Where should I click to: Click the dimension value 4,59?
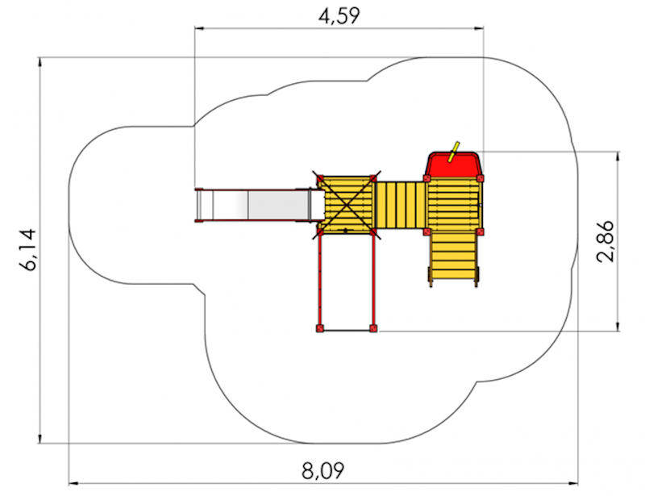click(x=339, y=16)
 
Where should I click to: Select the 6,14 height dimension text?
click(x=28, y=249)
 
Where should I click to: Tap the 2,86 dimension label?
click(x=605, y=241)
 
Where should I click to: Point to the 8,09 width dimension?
click(x=323, y=470)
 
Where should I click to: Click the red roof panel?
click(x=453, y=164)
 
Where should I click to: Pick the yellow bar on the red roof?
click(x=454, y=152)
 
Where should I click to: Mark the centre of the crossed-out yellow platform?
click(x=347, y=205)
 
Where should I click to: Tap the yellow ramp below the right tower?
click(x=454, y=257)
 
